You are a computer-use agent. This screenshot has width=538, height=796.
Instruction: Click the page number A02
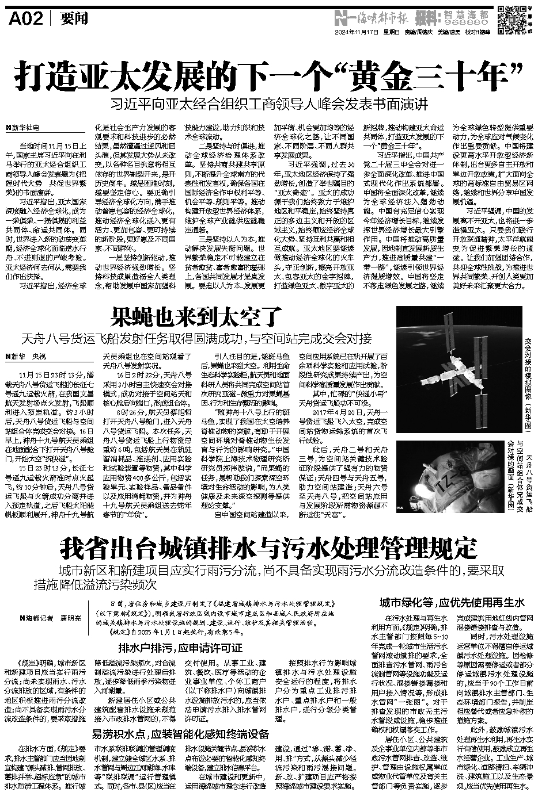pos(26,20)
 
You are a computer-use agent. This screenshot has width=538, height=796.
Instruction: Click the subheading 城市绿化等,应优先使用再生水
pos(452,603)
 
